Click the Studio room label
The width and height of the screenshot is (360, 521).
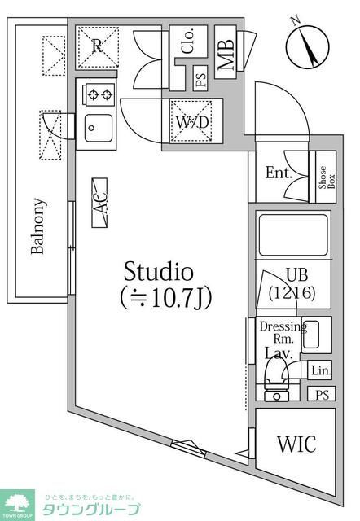click(x=158, y=271)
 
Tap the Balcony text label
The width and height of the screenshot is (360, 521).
click(x=37, y=225)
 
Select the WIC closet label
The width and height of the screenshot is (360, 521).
click(x=296, y=444)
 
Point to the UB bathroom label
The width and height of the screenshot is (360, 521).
click(x=295, y=276)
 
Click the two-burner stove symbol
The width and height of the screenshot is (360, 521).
click(x=100, y=95)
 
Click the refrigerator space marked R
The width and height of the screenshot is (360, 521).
click(x=97, y=46)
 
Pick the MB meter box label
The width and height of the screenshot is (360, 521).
click(x=226, y=54)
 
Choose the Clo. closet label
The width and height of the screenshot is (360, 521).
click(x=188, y=40)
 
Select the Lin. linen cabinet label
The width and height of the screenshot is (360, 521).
click(x=321, y=370)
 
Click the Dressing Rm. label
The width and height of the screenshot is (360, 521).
click(x=282, y=332)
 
